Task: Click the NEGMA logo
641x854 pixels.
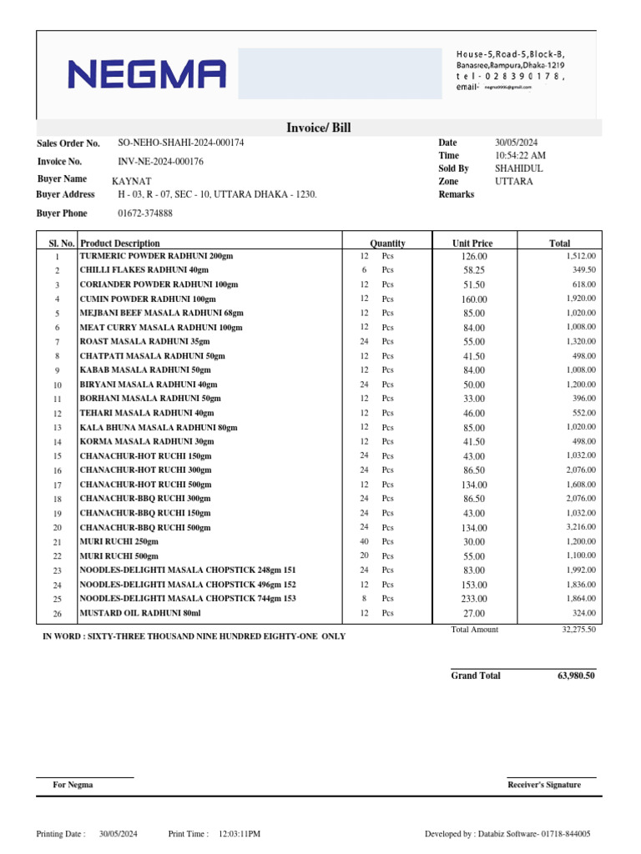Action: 146,74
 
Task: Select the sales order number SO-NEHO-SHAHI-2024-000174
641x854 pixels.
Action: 181,143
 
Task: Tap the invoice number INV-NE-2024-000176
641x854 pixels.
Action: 161,162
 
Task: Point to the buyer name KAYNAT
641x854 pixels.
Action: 131,181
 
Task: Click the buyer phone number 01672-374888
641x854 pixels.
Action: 145,213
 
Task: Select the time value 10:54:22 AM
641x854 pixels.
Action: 521,156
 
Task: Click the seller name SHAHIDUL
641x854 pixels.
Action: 518,168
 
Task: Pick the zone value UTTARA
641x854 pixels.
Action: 513,181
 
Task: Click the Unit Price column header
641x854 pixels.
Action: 472,244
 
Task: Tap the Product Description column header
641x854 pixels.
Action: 120,244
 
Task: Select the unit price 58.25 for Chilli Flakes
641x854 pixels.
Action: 473,271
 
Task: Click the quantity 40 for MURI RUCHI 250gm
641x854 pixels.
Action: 364,541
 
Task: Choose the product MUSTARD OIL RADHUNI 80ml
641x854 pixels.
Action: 140,613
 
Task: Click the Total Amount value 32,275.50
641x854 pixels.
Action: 578,630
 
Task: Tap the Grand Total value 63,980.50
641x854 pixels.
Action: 576,676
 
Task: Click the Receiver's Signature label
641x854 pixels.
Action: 544,785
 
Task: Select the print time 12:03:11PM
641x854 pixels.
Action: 240,834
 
